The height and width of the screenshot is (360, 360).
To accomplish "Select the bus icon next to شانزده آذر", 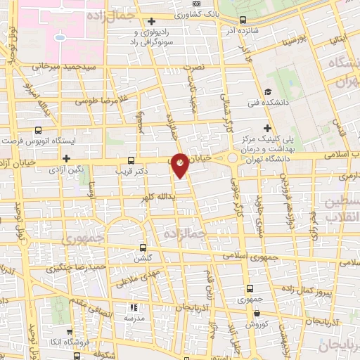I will pyautogui.click(x=243, y=20).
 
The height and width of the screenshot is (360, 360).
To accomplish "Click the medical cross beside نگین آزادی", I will pyautogui.click(x=67, y=158).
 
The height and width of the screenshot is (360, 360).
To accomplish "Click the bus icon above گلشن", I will pyautogui.click(x=143, y=247).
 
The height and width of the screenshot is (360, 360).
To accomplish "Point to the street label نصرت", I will pyautogui.click(x=193, y=67).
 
